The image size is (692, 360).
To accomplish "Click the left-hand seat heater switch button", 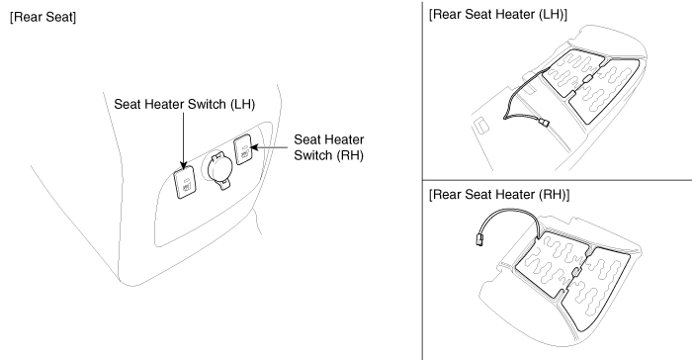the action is pyautogui.click(x=185, y=184).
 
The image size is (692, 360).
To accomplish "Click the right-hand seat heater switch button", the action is pyautogui.click(x=243, y=149).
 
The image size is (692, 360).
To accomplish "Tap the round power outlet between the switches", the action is pyautogui.click(x=216, y=165).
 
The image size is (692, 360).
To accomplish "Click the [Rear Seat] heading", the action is pyautogui.click(x=43, y=17).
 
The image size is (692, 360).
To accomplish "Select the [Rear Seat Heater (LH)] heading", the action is pyautogui.click(x=498, y=14).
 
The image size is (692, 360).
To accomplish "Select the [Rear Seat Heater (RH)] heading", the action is pyautogui.click(x=499, y=195).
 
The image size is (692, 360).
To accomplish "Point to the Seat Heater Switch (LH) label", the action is pyautogui.click(x=185, y=104).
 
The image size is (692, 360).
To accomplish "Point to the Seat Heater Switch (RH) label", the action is pyautogui.click(x=329, y=147).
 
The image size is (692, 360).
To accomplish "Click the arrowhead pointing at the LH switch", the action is pyautogui.click(x=184, y=165).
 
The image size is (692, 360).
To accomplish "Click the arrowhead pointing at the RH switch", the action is pyautogui.click(x=255, y=147).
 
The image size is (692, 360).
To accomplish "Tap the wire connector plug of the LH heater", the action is pyautogui.click(x=545, y=123).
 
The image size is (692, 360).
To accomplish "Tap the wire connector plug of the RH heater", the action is pyautogui.click(x=478, y=240).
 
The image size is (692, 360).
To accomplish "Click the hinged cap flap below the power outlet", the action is pyautogui.click(x=223, y=185).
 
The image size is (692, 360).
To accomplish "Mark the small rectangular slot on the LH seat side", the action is pyautogui.click(x=480, y=125).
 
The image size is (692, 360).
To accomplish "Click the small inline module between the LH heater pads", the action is pyautogui.click(x=588, y=79).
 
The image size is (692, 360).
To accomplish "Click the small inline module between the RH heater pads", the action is pyautogui.click(x=575, y=273).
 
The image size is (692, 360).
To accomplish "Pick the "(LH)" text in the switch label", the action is pyautogui.click(x=242, y=104).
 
